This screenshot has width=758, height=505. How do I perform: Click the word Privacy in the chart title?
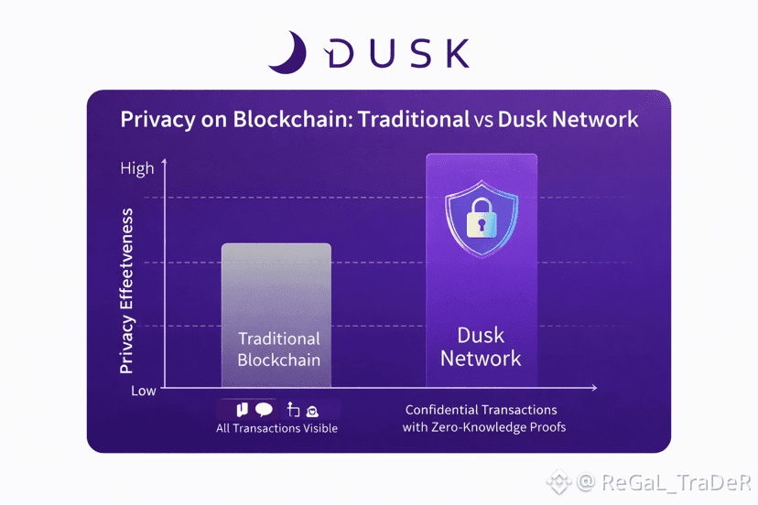click(x=152, y=120)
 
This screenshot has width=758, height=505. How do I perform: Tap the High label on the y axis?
click(x=137, y=168)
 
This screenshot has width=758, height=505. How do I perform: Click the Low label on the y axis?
click(x=143, y=391)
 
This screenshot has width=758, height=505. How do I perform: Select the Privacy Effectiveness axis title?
click(x=127, y=291)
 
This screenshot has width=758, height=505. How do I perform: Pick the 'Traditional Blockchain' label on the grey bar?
click(x=278, y=349)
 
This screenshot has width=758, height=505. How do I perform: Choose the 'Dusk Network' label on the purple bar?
click(x=481, y=347)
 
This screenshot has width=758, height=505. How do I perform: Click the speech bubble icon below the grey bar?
click(x=264, y=409)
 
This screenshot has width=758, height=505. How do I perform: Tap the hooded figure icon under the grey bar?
click(x=312, y=411)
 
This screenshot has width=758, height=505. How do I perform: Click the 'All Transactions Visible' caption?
click(x=276, y=428)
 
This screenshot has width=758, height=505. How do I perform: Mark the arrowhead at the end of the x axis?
click(x=594, y=388)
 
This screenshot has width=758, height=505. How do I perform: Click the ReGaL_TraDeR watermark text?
click(x=664, y=481)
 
